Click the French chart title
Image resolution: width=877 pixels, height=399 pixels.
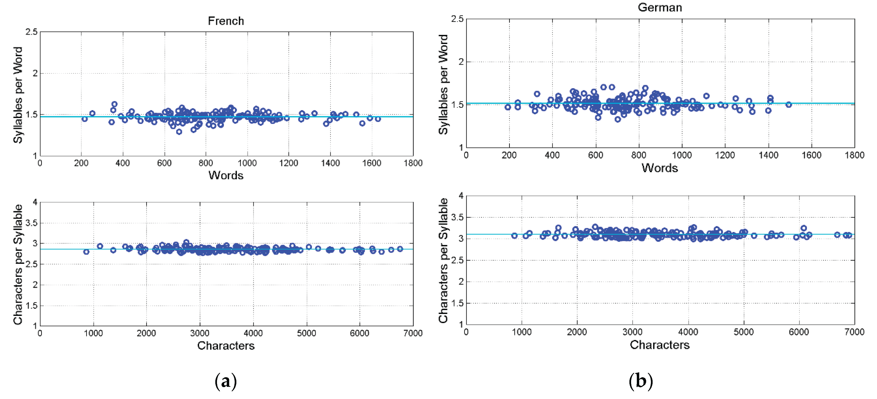[226, 21]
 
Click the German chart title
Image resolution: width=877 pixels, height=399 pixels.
[660, 7]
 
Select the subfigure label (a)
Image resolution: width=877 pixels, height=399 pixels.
[226, 381]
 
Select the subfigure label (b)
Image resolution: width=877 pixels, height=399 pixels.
[640, 381]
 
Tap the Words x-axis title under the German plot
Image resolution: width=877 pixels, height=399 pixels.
[660, 168]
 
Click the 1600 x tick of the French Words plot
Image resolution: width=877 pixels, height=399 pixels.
[372, 163]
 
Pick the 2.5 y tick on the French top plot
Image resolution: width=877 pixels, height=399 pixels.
[31, 32]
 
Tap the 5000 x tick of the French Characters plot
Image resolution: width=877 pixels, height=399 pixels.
[306, 333]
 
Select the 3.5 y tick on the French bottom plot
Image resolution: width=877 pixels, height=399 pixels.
[31, 223]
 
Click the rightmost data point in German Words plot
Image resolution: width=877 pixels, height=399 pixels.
[788, 105]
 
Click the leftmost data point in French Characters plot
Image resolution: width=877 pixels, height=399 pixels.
[86, 252]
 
